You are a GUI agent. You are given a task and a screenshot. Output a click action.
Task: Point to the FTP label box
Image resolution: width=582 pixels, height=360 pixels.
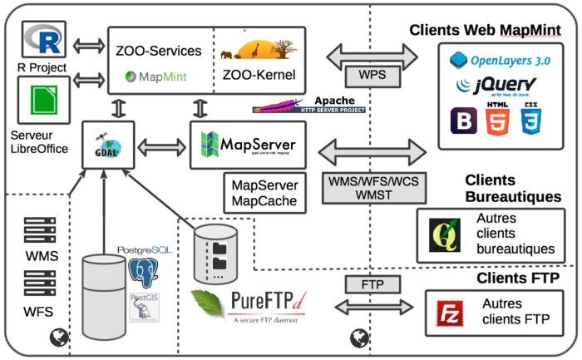coord(371,284)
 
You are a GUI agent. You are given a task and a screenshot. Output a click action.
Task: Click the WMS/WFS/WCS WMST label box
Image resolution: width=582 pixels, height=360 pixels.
coord(371,188)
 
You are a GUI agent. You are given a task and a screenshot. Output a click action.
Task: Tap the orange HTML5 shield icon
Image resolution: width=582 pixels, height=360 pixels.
coord(496,121)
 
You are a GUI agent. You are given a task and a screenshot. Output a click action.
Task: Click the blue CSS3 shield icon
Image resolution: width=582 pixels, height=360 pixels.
coord(530,121)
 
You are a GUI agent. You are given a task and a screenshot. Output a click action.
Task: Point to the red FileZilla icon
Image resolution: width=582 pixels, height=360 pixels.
coord(450,313)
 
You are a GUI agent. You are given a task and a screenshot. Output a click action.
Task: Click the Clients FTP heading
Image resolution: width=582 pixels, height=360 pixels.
coord(515,278)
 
